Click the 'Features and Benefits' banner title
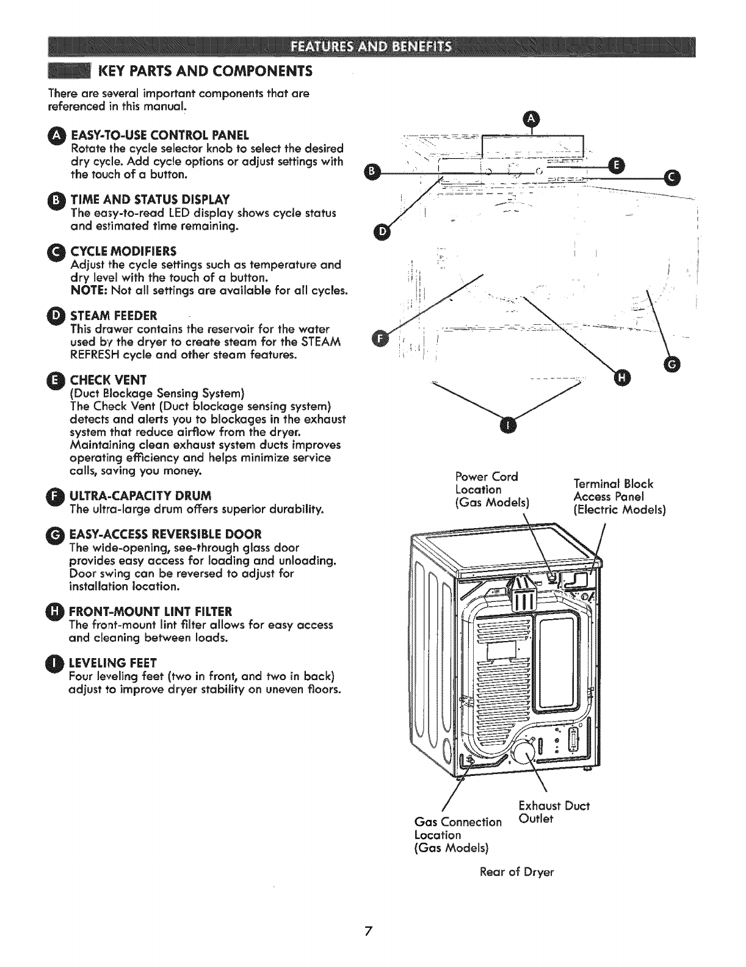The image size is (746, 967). pos(371,46)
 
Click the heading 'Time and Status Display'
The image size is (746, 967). pos(150,200)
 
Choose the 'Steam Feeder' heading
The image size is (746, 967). pos(114,316)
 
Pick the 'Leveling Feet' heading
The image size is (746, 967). pos(114,662)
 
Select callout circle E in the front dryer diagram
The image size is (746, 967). pos(617,165)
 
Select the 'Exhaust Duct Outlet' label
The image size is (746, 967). pos(553,812)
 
